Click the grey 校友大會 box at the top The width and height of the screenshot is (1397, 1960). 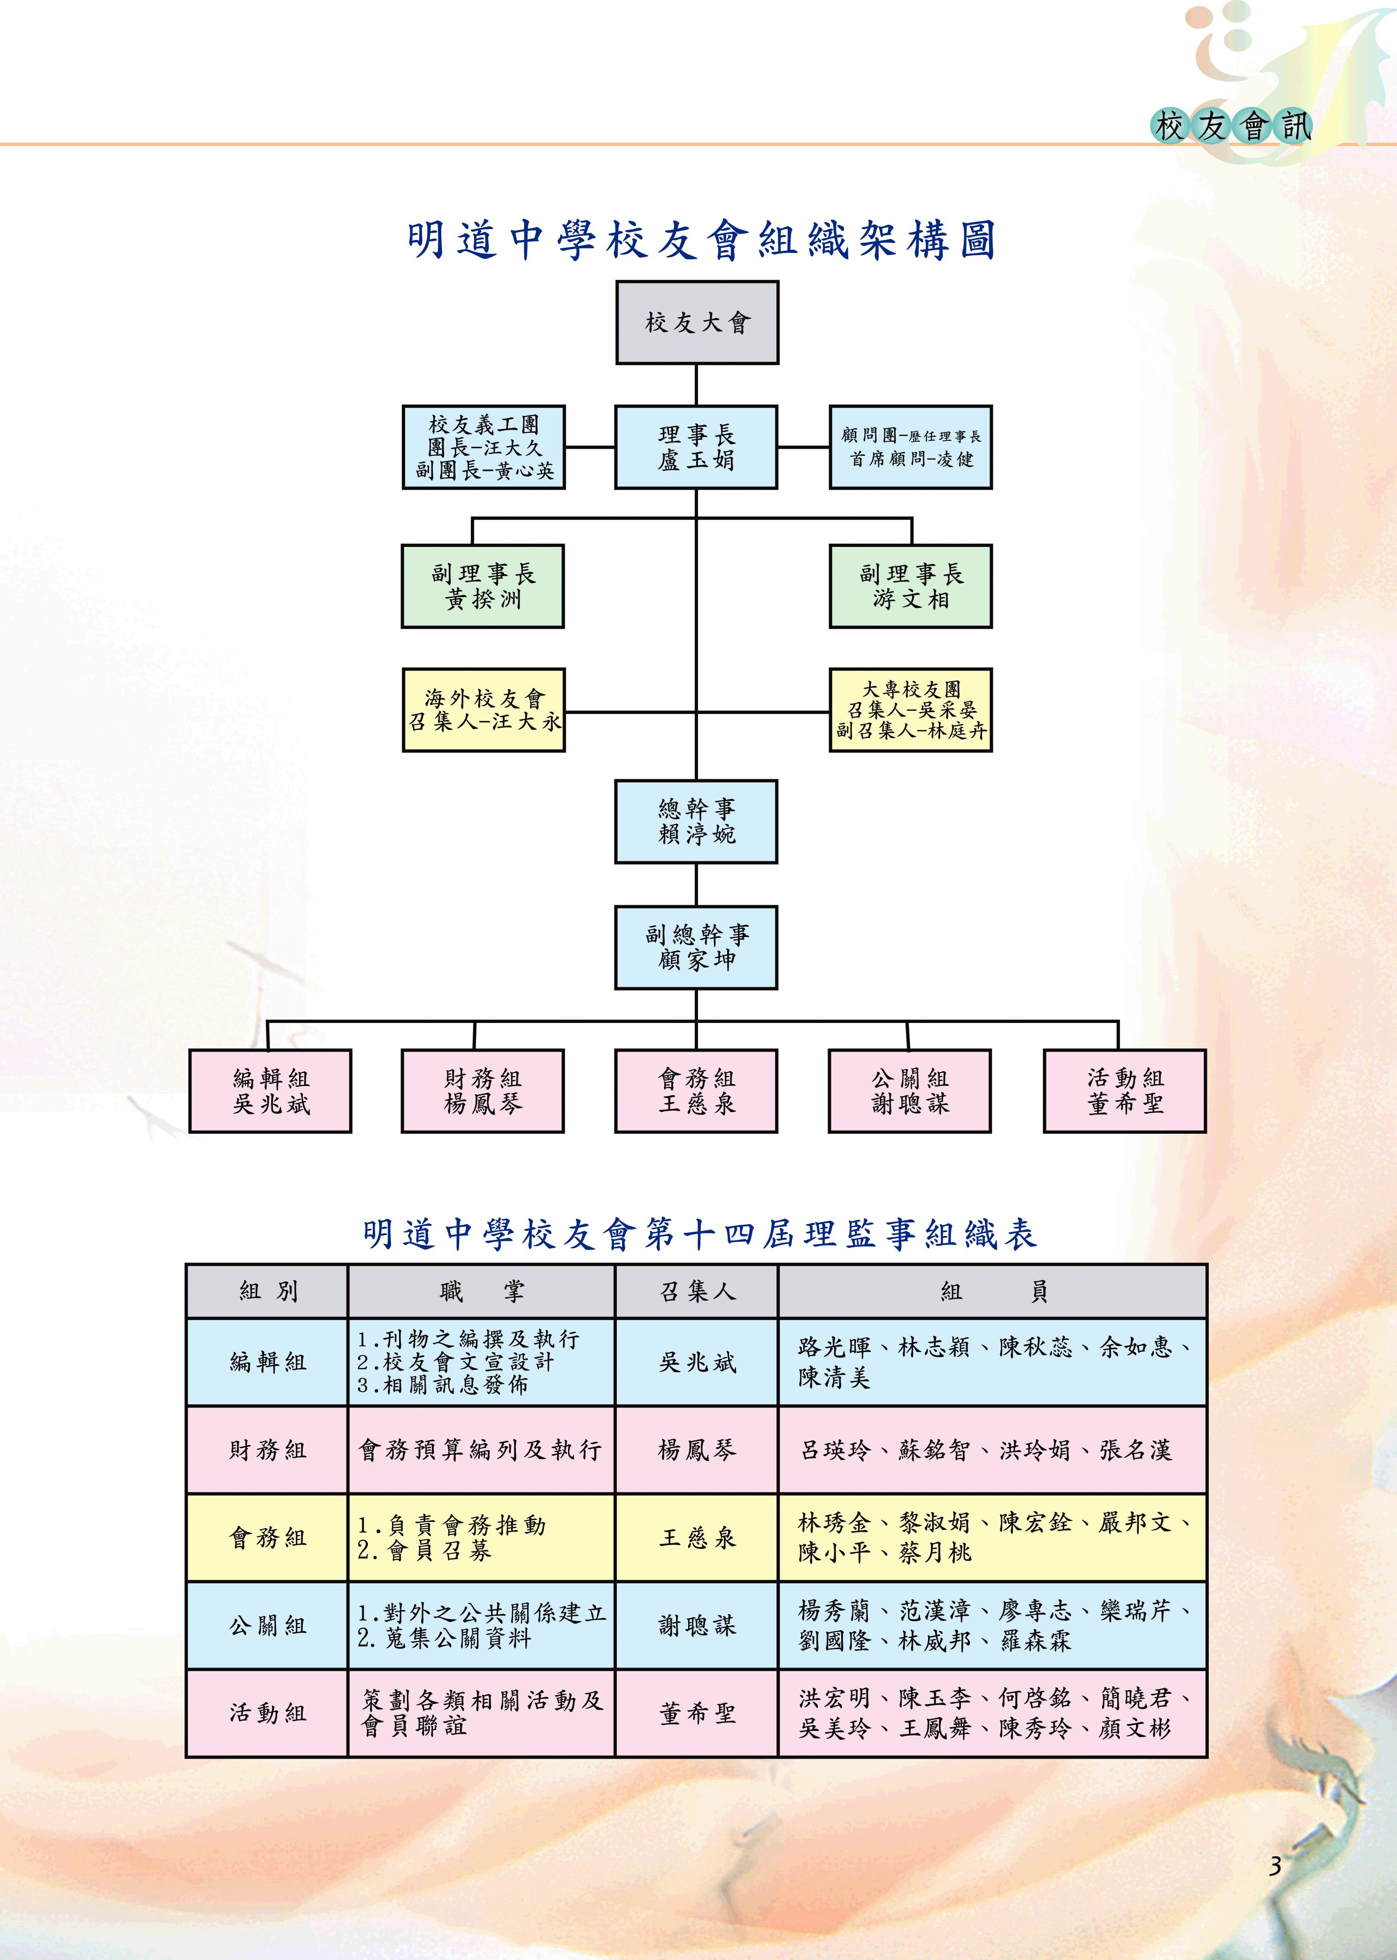(x=697, y=323)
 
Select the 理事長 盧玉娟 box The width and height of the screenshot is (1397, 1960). (x=696, y=447)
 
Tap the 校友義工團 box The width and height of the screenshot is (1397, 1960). (x=484, y=447)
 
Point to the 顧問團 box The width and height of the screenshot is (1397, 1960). (x=910, y=447)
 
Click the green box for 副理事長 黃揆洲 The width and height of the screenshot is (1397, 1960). (x=483, y=586)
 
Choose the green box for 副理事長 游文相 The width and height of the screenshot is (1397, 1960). (x=910, y=586)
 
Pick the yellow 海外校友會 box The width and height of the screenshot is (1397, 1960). (x=484, y=710)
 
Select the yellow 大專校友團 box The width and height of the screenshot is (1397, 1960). (x=910, y=710)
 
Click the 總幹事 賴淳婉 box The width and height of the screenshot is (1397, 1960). (x=696, y=822)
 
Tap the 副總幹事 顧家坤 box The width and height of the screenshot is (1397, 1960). (x=696, y=947)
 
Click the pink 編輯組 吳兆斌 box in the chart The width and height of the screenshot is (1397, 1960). (x=270, y=1091)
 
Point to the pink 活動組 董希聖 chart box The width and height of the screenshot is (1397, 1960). (x=1124, y=1091)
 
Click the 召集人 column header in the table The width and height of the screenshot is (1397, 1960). (x=696, y=1291)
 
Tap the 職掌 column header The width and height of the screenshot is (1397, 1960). (x=481, y=1291)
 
